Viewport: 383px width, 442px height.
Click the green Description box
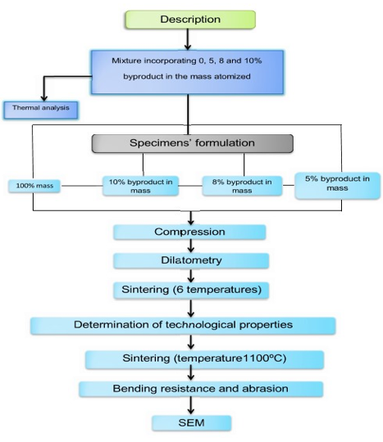(190, 20)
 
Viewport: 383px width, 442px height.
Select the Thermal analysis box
(41, 110)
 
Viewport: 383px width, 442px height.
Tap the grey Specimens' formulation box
(193, 143)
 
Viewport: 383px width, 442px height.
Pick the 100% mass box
(34, 186)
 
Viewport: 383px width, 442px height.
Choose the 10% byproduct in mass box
(140, 186)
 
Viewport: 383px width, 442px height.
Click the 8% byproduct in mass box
(242, 186)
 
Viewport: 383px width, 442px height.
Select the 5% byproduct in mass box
(337, 186)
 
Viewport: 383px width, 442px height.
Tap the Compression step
(189, 232)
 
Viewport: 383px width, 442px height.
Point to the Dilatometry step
(191, 260)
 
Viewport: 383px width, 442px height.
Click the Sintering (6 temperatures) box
(191, 291)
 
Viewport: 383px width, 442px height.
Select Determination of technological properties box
(183, 326)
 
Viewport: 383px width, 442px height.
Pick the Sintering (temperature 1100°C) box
(204, 359)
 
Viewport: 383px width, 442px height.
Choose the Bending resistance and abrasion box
(201, 389)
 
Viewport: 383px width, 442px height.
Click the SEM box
(192, 423)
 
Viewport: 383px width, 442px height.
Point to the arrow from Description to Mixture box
(188, 39)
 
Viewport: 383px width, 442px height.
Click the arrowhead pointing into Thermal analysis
(43, 97)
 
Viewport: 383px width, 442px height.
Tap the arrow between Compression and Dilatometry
(191, 246)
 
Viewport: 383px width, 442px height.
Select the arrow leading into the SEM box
(191, 406)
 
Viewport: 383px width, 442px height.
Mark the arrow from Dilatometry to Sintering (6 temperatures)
(191, 275)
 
